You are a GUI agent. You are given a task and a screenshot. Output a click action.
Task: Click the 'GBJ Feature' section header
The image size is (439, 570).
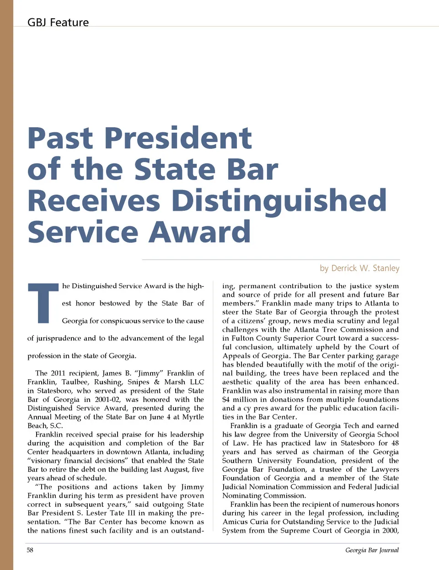coord(58,22)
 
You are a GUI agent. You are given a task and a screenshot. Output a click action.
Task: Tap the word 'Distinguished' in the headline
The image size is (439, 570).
coord(279,201)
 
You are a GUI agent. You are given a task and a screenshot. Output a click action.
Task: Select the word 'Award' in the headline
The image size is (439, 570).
coord(200,232)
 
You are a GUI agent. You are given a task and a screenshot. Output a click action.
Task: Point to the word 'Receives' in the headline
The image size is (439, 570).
coord(94,201)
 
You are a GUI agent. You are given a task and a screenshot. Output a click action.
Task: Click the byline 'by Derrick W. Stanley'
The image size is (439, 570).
coord(359,268)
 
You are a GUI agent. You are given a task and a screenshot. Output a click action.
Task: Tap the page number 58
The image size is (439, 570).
coord(30,550)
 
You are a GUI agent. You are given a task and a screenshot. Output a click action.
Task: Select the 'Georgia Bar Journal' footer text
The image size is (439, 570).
coord(372,550)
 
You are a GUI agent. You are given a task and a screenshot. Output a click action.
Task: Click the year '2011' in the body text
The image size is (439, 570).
coord(58,373)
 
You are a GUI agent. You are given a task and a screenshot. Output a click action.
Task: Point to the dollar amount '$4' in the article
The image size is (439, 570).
coord(226,399)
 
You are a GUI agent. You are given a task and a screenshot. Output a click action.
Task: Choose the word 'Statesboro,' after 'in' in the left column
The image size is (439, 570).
coord(54,391)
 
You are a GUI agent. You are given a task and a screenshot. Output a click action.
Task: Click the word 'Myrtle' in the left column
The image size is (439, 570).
coord(193,417)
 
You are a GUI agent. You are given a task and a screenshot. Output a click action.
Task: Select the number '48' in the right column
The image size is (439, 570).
coord(395,443)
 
